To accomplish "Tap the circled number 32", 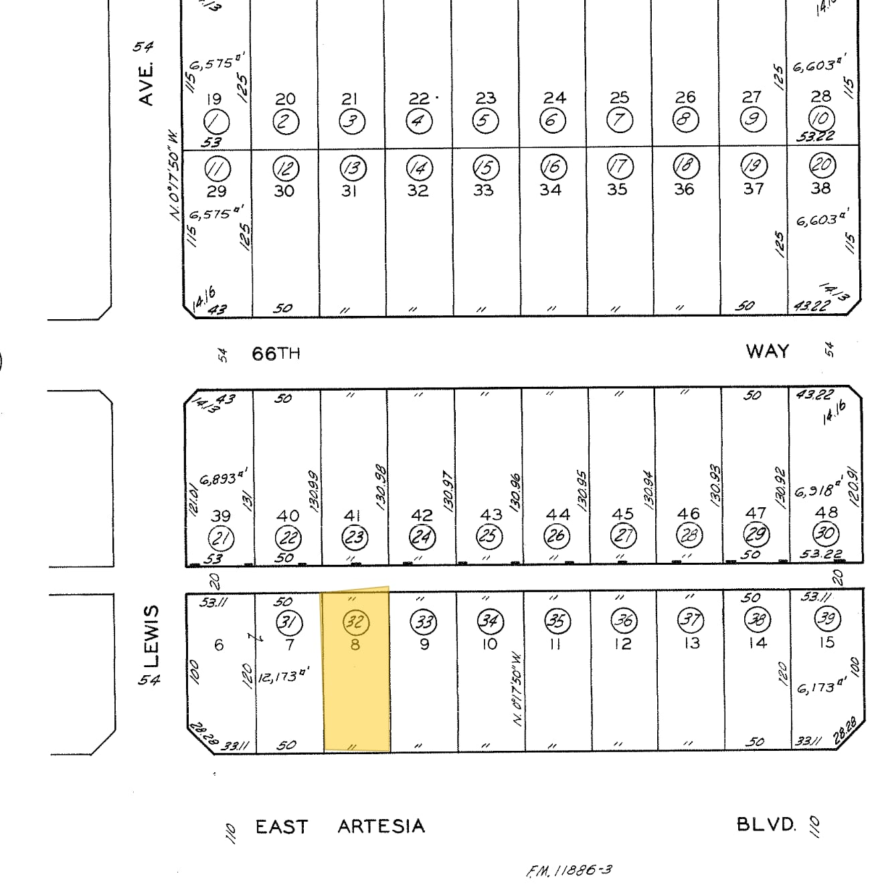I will (x=355, y=622).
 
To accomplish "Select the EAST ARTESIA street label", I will (x=340, y=826).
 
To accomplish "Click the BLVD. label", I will (x=766, y=824).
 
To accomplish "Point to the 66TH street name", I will (x=276, y=353).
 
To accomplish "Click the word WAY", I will (x=767, y=351).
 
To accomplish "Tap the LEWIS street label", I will (x=153, y=636).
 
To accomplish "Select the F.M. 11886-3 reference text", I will (x=569, y=871).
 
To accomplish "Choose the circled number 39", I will (x=827, y=618).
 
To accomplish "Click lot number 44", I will (x=557, y=514).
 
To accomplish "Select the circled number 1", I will (x=216, y=122).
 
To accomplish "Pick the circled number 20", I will (x=820, y=165).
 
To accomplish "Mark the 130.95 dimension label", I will (x=582, y=489).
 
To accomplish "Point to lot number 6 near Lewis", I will (x=219, y=644).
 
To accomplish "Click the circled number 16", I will (x=553, y=166).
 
